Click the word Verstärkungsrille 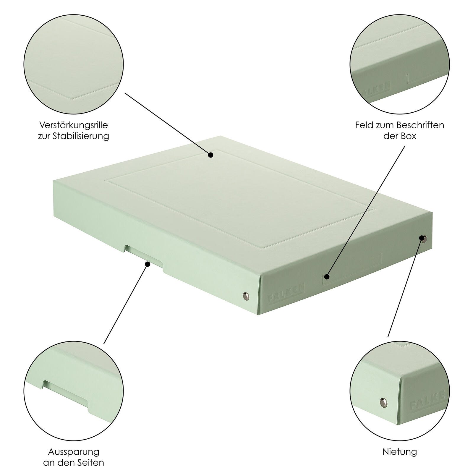pos(74,125)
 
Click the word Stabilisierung pos(81,136)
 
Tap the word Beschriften pos(420,125)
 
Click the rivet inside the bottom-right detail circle pos(383,401)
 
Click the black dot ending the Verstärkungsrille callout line pos(210,155)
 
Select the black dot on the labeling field pos(327,277)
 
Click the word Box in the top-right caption pos(409,136)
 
